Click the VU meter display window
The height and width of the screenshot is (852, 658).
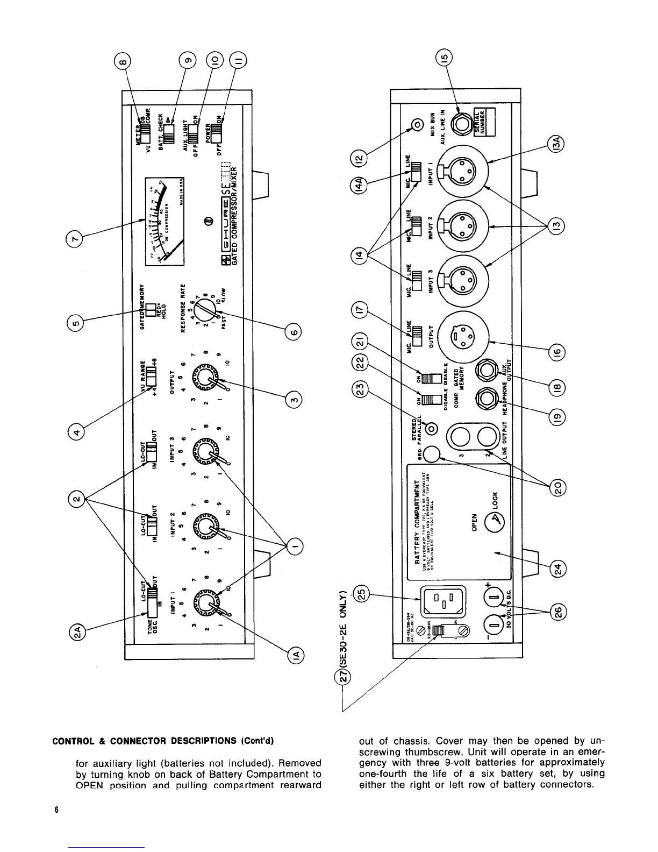pos(163,221)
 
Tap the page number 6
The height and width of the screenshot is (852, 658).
pos(56,811)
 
